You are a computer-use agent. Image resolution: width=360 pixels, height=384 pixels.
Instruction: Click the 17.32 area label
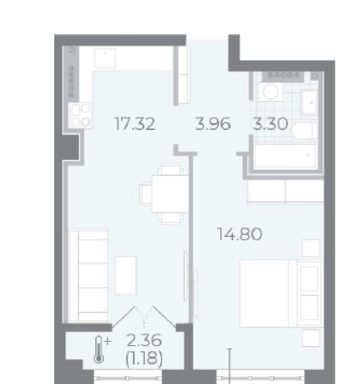coord(135,124)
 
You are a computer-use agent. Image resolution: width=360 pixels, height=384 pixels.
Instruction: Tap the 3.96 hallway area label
coord(213,124)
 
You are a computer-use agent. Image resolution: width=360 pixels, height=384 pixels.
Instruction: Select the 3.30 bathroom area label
coord(271,124)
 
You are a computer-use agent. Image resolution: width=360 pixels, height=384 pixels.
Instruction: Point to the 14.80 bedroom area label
coord(239,234)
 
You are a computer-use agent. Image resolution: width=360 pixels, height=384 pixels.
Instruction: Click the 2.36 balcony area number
coord(144,340)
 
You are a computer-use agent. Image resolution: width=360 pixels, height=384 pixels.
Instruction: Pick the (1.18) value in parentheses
coord(144,359)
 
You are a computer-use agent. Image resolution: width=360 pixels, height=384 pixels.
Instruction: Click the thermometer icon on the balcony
coord(99,349)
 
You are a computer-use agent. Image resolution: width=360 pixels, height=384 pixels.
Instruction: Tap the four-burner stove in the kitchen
coord(80,115)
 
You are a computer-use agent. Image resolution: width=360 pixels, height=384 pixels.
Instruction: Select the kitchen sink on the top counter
coord(105,58)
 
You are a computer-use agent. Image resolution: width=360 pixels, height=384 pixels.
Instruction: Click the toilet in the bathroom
coord(304,131)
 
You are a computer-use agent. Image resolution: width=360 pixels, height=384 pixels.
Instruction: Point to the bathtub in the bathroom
coord(285,156)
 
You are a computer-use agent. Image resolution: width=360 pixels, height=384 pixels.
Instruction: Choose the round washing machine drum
coord(271,92)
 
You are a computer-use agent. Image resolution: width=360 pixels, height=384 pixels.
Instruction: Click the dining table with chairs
coord(165,194)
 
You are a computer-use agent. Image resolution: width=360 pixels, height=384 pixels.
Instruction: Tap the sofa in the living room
coord(88,275)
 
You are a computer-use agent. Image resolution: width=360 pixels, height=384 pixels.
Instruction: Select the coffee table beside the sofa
coord(126,275)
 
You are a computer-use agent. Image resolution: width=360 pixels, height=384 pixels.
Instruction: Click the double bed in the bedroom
coord(281,293)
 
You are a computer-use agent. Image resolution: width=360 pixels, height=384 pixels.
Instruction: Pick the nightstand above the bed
coord(311,248)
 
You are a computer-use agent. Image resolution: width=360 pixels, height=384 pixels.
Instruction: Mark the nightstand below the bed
coord(311,338)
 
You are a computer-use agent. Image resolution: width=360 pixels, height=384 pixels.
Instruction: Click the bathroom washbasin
coord(309,103)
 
